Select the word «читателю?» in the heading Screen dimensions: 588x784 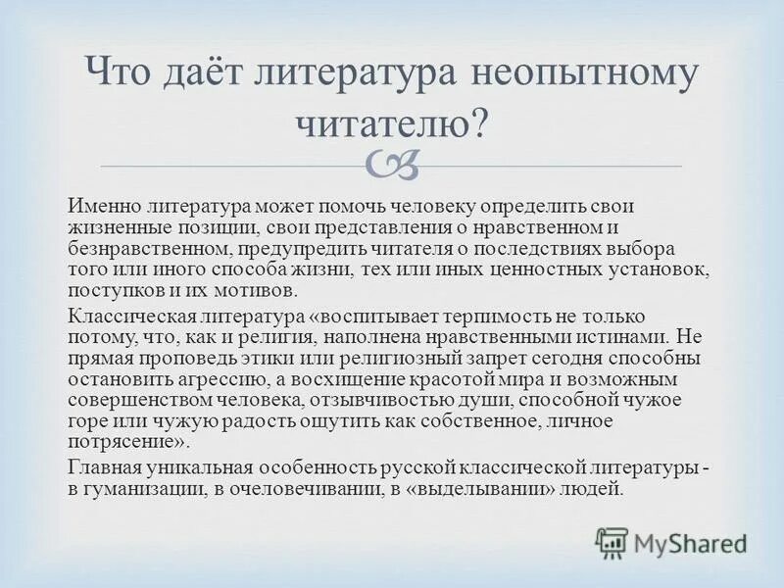(x=391, y=125)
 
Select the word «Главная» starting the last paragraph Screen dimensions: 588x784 (x=102, y=466)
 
